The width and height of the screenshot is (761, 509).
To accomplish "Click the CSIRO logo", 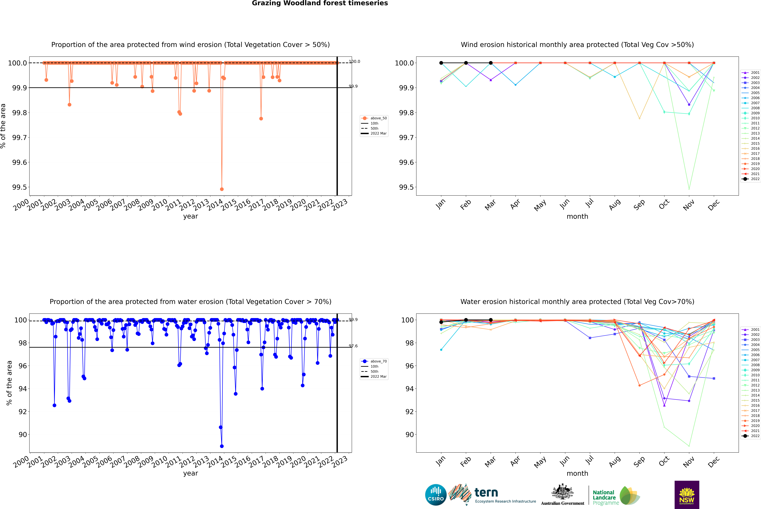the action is [436, 495].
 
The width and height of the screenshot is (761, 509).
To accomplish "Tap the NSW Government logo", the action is [687, 495].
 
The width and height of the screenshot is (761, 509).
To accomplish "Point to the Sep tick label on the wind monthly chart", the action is [639, 204].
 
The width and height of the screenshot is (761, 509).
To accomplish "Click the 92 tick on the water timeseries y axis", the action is [23, 412].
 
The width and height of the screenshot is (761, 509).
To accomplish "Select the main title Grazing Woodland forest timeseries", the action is [320, 3].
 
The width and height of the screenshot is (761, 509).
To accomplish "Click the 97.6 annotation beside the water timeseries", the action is [353, 346].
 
